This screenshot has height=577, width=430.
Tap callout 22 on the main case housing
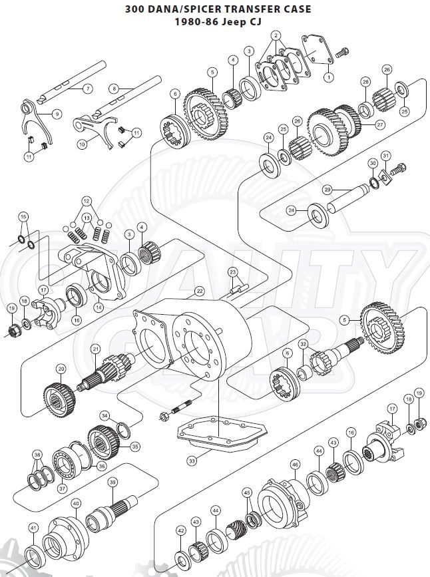pos(199,291)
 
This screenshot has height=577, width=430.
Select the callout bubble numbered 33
pos(192,461)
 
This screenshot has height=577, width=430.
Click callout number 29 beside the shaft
pos(327,190)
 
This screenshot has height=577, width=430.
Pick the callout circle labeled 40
pos(76,504)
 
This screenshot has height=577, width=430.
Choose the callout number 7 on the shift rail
pos(87,88)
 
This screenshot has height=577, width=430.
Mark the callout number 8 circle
pos(114,87)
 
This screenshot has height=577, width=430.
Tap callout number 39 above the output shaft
pos(112,482)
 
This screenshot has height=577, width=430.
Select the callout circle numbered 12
pos(86,200)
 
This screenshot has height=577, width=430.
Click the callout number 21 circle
pos(96,349)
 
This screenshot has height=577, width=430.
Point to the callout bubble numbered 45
pos(248,493)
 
